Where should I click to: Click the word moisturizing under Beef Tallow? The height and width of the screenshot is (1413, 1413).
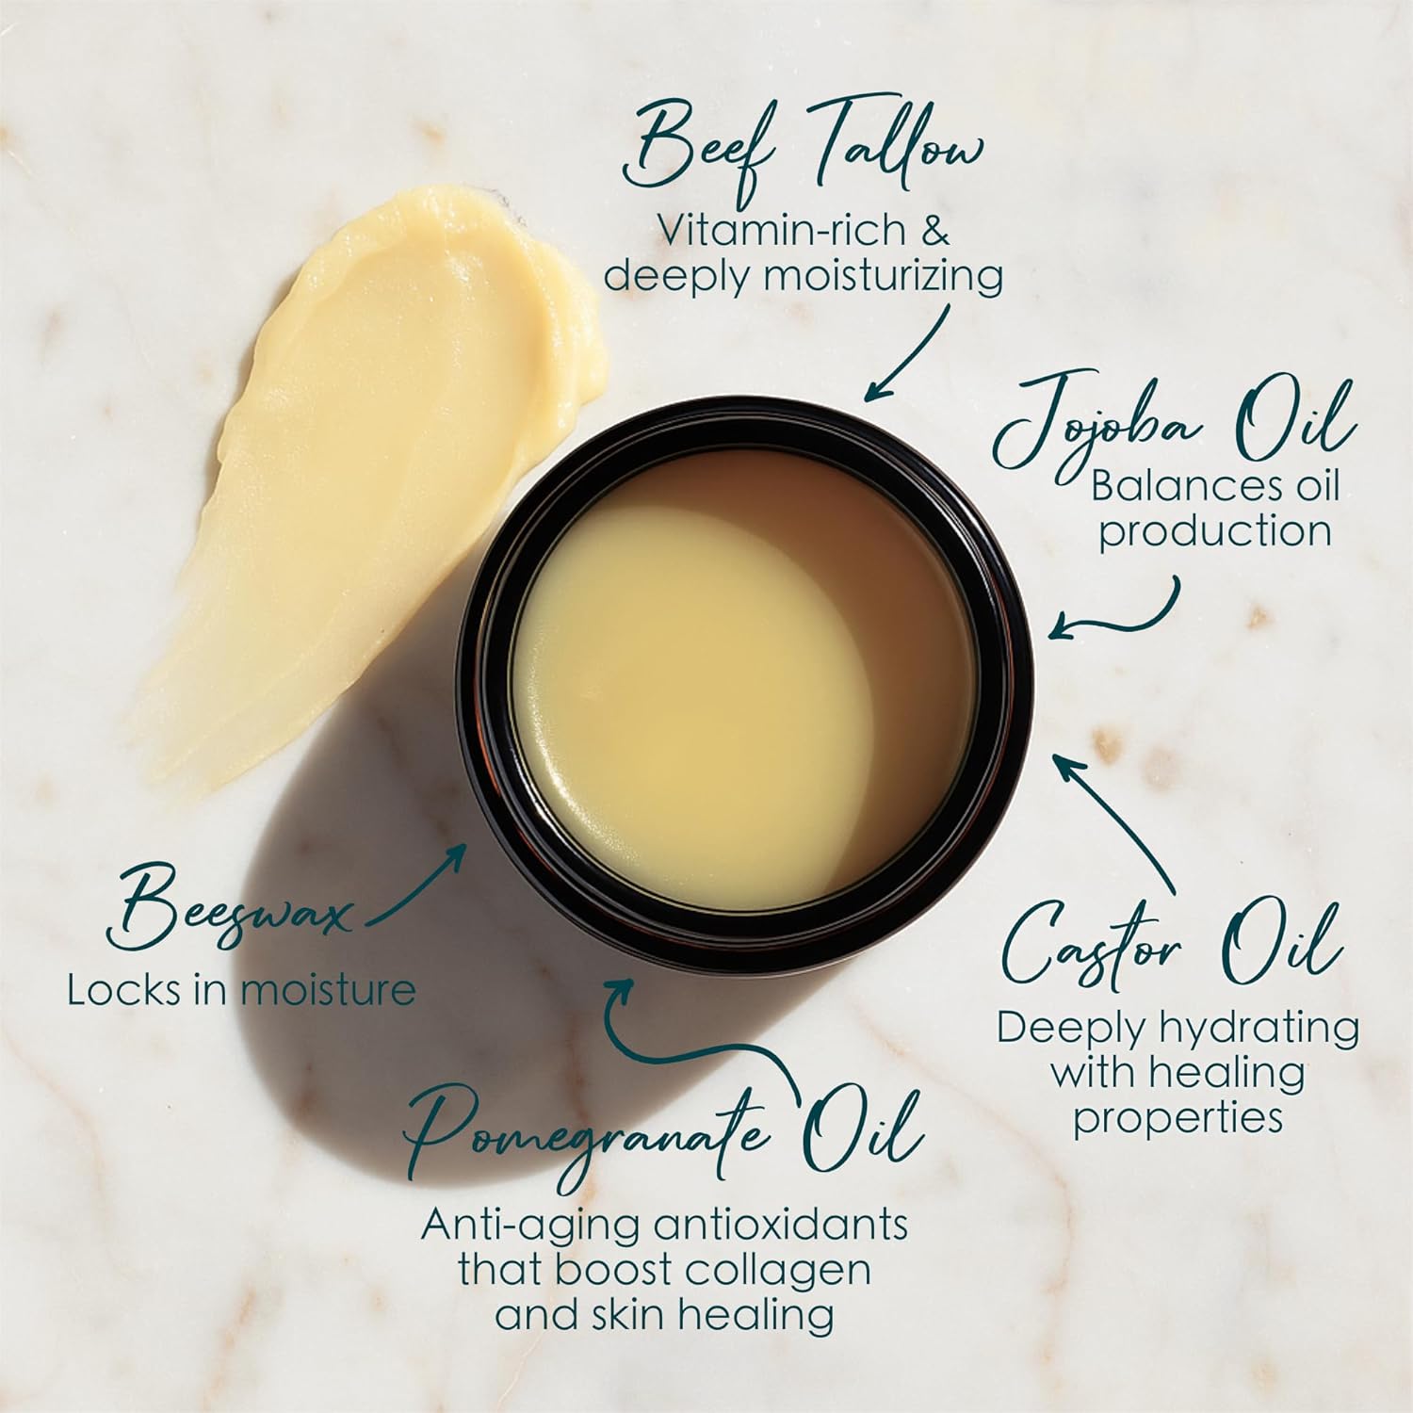876,277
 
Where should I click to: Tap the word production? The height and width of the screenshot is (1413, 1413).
1214,531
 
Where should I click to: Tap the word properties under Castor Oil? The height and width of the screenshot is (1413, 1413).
1177,1118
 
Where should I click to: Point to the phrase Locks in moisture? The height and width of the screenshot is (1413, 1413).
241,990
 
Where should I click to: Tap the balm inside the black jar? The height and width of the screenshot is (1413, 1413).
744,678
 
